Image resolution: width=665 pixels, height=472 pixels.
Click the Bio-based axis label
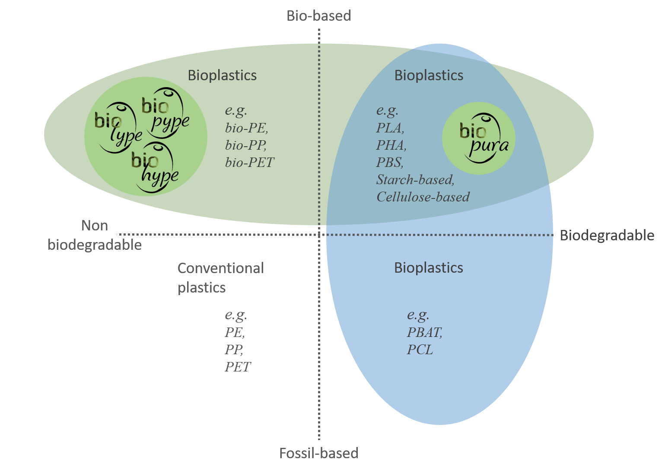point(319,16)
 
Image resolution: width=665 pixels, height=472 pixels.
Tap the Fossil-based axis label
point(319,453)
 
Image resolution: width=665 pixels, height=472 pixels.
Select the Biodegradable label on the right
point(607,236)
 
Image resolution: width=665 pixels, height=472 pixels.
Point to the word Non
point(94,226)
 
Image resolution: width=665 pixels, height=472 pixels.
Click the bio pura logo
point(484,138)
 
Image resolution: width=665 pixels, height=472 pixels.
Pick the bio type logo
point(118,128)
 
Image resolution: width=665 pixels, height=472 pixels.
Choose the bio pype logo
point(165,113)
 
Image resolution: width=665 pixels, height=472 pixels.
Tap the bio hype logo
point(155,167)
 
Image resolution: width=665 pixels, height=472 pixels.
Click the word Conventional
point(220,268)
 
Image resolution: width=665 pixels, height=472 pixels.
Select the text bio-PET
point(249,163)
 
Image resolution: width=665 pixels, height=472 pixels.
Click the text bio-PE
point(246,128)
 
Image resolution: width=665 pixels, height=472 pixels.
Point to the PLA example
point(390,128)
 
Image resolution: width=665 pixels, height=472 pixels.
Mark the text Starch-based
point(415,179)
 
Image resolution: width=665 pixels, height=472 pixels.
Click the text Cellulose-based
point(423,197)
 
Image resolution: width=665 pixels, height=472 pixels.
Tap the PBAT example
point(424,332)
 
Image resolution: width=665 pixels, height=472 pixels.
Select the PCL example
point(420,350)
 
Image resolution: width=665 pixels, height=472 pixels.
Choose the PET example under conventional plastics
point(238,367)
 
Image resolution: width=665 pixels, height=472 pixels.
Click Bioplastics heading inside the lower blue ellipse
point(428,268)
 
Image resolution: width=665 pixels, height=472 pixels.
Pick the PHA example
point(391,145)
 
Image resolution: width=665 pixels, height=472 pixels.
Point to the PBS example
point(390,163)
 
